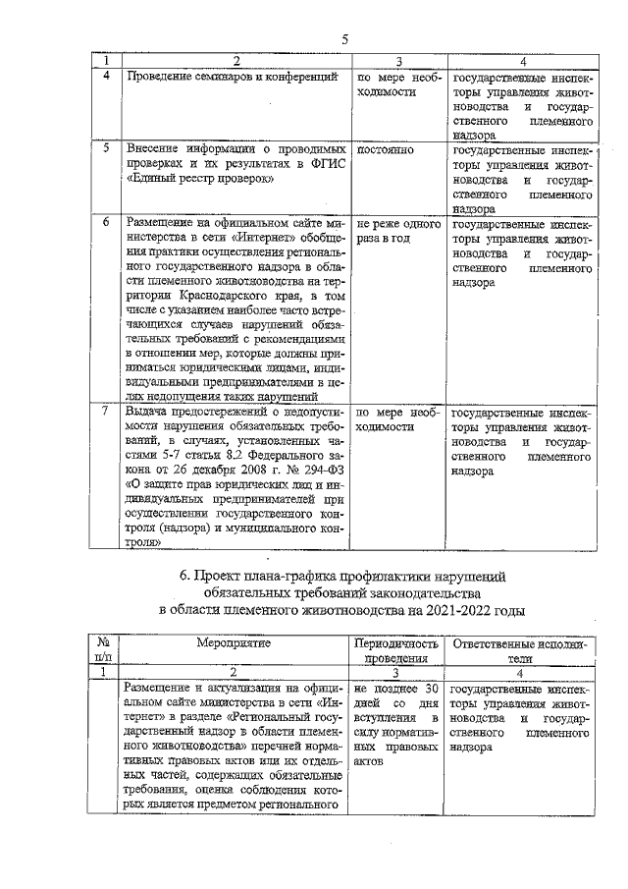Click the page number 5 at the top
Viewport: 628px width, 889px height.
click(344, 39)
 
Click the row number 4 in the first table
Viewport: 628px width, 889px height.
click(105, 76)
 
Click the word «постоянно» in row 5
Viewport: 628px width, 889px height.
click(386, 149)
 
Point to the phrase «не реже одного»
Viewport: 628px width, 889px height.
click(397, 223)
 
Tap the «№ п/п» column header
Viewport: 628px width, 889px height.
click(104, 650)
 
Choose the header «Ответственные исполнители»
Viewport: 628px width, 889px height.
click(520, 650)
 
